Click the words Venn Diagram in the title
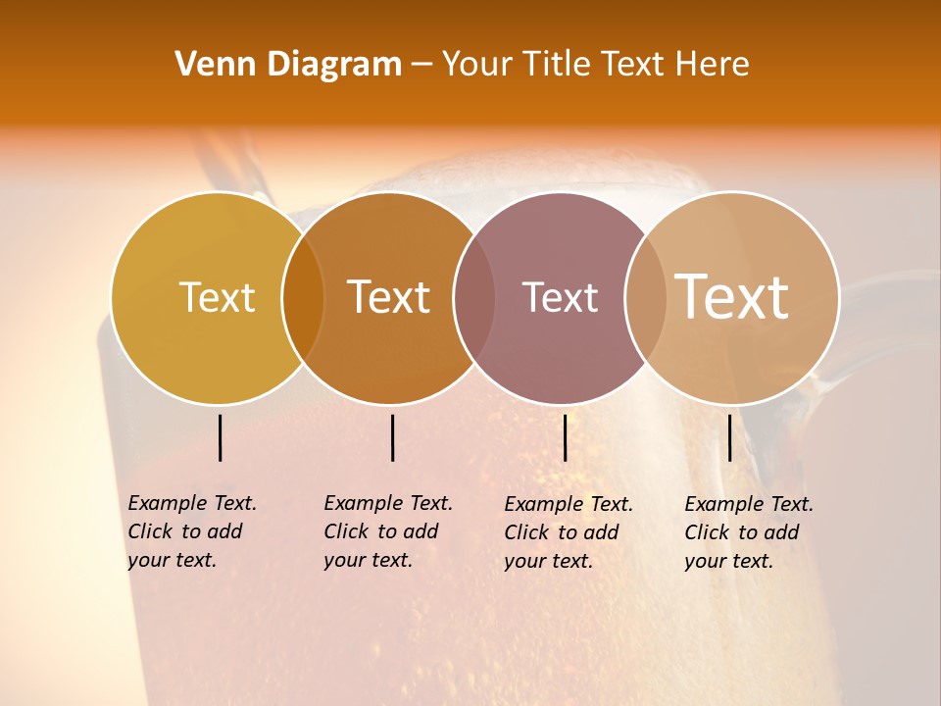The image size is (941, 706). [x=288, y=65]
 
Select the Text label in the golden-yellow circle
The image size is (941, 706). [x=217, y=297]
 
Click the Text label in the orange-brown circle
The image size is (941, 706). [x=389, y=297]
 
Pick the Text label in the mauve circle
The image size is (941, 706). [x=560, y=297]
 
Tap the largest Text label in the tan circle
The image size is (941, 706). [x=732, y=296]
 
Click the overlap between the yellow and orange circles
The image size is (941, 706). [x=303, y=297]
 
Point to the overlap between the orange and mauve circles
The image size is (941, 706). [x=474, y=297]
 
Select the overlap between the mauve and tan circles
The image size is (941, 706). [x=645, y=297]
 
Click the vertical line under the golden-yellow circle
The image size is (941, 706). [x=221, y=437]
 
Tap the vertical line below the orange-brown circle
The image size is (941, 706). [x=392, y=437]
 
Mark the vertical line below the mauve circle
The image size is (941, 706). [x=565, y=437]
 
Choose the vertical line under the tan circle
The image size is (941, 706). [x=730, y=437]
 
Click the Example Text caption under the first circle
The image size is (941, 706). [x=192, y=531]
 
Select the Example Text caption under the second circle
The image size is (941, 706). [x=388, y=531]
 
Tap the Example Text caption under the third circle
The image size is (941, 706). [x=569, y=532]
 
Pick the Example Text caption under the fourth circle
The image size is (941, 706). [x=749, y=532]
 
